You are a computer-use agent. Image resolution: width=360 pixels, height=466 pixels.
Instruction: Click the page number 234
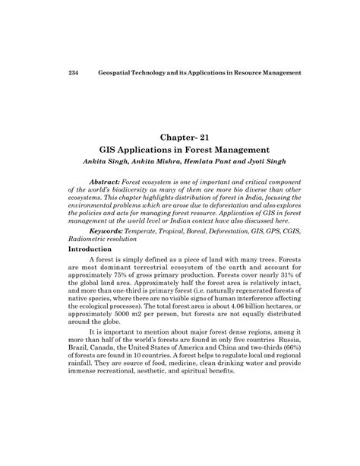point(74,73)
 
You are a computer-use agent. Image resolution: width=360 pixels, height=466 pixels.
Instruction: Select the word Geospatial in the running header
point(120,73)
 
